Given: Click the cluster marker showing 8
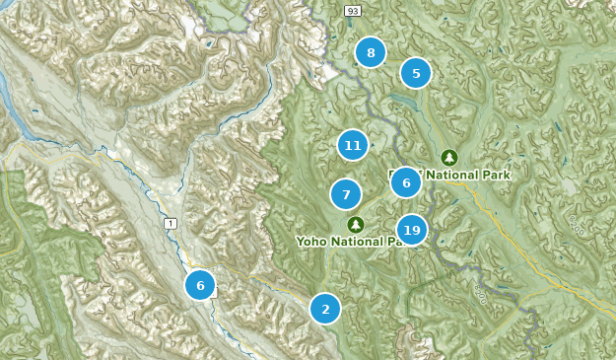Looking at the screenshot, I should (x=371, y=53).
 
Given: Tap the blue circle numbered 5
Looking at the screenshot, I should (x=416, y=73).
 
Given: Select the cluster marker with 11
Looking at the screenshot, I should (x=352, y=146).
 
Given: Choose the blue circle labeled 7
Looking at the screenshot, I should (x=346, y=194).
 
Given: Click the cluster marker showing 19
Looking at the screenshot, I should (x=412, y=230).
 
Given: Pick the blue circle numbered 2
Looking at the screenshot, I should (x=325, y=309).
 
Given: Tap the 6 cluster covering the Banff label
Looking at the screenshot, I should (x=406, y=181).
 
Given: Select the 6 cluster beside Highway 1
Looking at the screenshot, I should (x=200, y=285).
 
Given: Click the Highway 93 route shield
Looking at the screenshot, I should (x=351, y=10).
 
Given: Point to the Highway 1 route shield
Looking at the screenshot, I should (x=171, y=225).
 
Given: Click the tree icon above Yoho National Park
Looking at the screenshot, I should (x=356, y=224).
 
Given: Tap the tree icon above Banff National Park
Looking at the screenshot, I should (x=449, y=157).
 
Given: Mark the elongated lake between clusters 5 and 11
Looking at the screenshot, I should (x=403, y=100).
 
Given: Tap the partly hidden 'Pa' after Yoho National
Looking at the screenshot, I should (x=392, y=241).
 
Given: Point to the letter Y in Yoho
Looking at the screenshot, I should (x=300, y=241).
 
